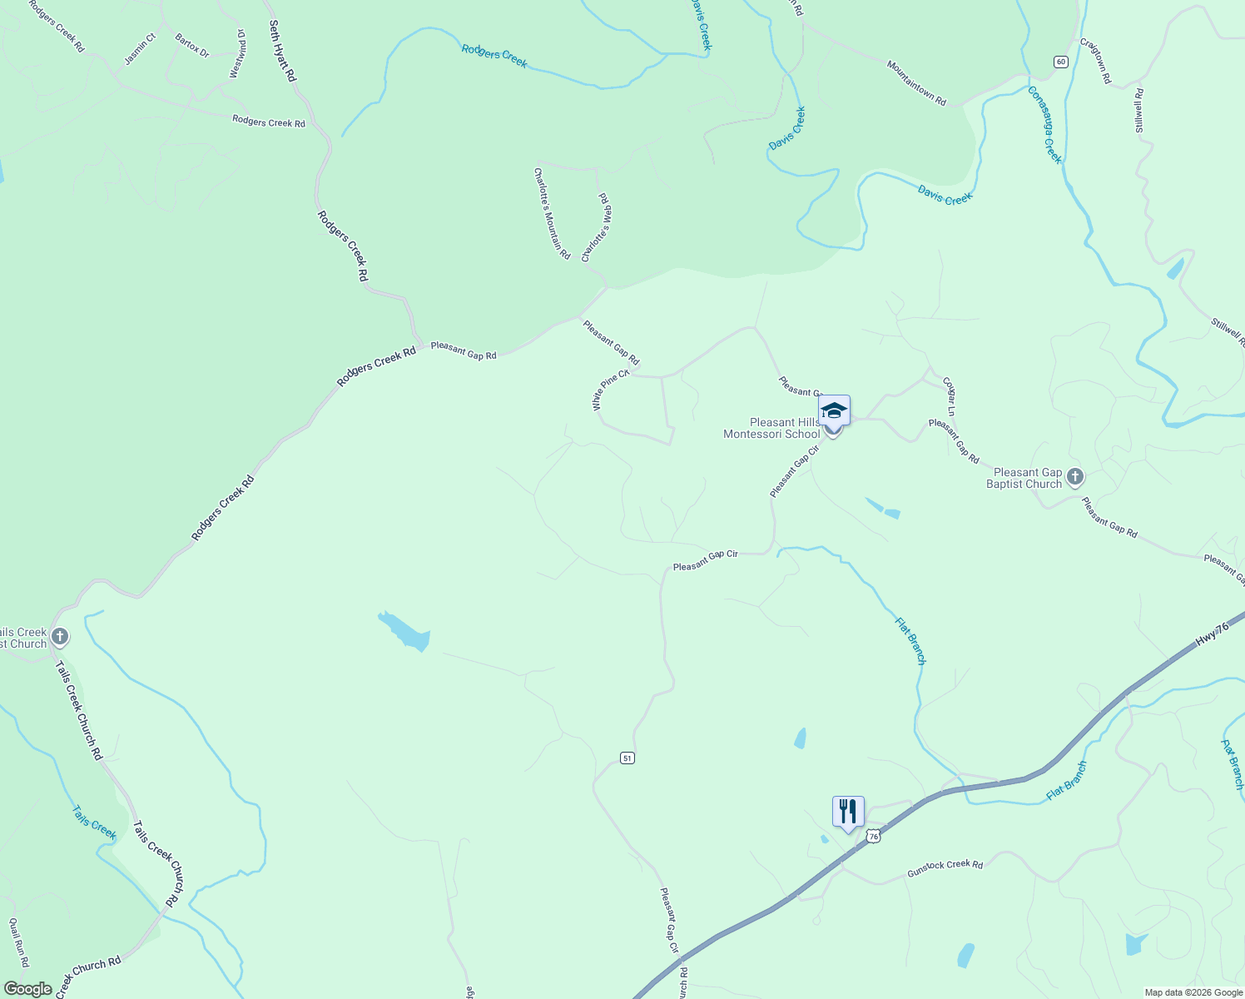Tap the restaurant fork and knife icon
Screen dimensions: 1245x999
pyautogui.click(x=847, y=811)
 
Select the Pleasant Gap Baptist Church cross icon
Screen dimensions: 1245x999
pyautogui.click(x=1075, y=477)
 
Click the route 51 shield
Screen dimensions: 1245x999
pyautogui.click(x=627, y=758)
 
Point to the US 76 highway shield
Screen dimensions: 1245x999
pyautogui.click(x=872, y=835)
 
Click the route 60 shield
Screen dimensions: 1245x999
pyautogui.click(x=1059, y=62)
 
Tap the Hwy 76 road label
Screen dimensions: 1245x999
pyautogui.click(x=1212, y=635)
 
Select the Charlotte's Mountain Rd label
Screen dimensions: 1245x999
pyautogui.click(x=552, y=213)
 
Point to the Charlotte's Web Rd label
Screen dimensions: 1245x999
pyautogui.click(x=597, y=227)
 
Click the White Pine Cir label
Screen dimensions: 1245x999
pyautogui.click(x=611, y=390)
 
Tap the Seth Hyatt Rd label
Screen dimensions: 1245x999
pyautogui.click(x=282, y=52)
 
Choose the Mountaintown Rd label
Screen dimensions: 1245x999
pyautogui.click(x=916, y=83)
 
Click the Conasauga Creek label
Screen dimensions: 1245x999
pyautogui.click(x=1045, y=125)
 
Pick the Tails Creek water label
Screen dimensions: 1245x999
pyautogui.click(x=94, y=822)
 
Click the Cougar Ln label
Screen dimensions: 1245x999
pyautogui.click(x=949, y=396)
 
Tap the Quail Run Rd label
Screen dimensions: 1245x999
pyautogui.click(x=18, y=942)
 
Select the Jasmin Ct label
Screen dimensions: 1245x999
pyautogui.click(x=140, y=49)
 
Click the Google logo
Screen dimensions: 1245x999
pyautogui.click(x=27, y=989)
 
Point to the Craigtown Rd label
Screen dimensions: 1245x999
pyautogui.click(x=1095, y=60)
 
